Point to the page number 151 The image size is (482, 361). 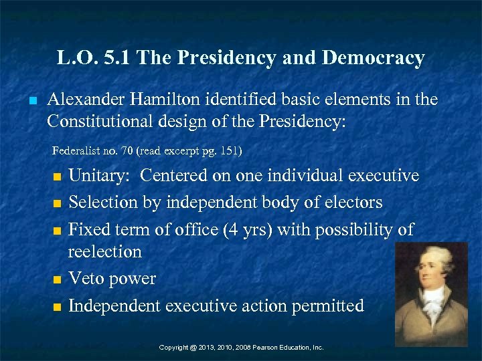[226, 151]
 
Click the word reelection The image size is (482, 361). [105, 252]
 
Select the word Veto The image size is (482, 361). [88, 279]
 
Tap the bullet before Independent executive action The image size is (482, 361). [56, 308]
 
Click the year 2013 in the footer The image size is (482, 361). [207, 348]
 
